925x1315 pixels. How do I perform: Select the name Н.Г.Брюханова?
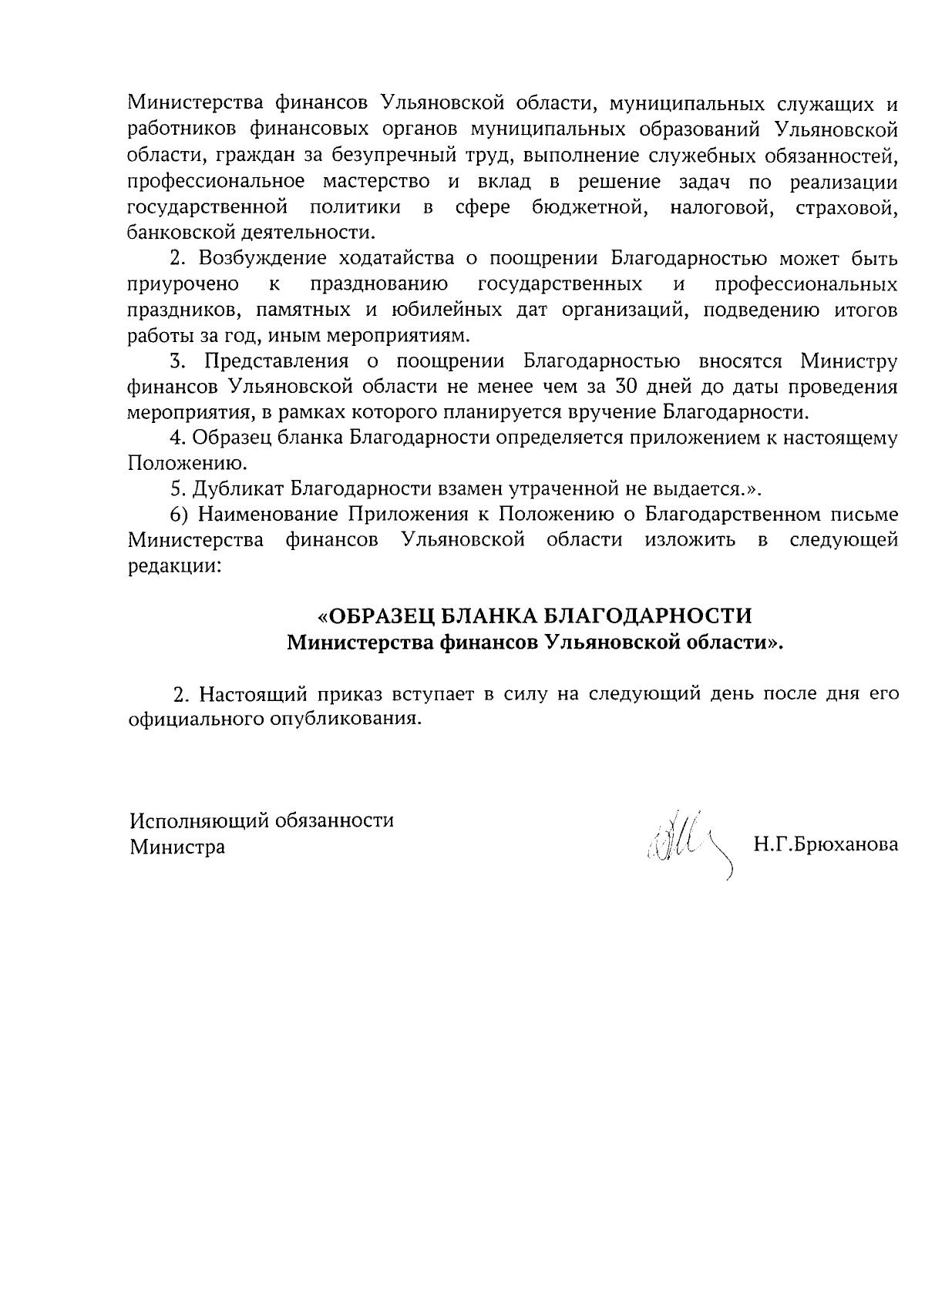[826, 845]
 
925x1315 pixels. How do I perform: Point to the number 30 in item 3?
[634, 387]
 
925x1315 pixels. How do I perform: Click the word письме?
[866, 515]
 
